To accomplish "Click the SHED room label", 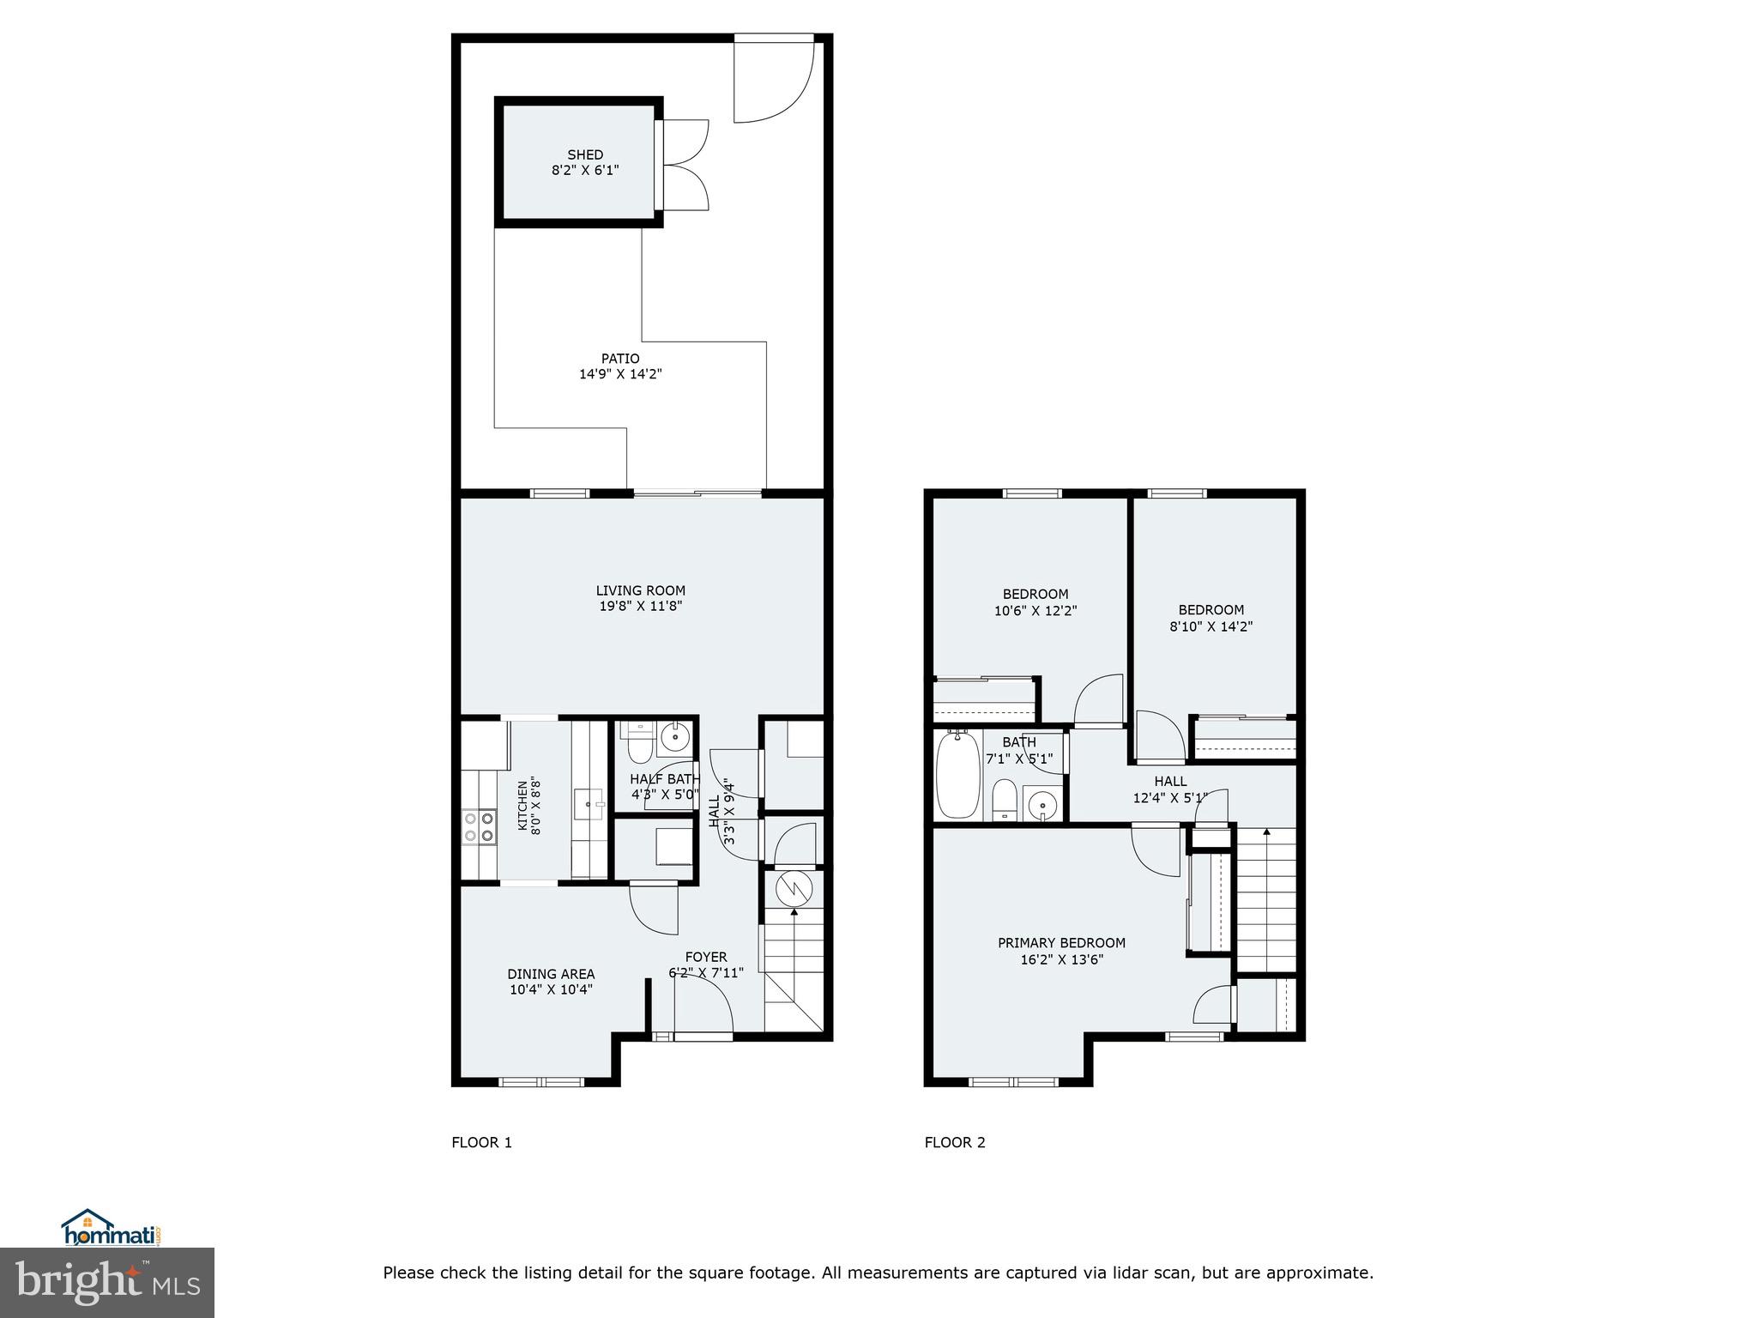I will pos(585,154).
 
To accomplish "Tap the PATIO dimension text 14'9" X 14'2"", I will pos(620,374).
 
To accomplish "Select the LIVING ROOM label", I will pos(641,590).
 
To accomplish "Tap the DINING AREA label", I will pos(551,974).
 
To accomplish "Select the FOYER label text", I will pos(706,957).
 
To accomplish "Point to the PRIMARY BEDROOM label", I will pos(1061,943).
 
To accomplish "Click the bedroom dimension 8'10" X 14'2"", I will pos(1211,626).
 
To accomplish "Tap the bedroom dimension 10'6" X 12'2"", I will pos(1035,611).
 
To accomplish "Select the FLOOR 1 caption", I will pos(481,1142).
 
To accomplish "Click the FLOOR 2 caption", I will pos(955,1142).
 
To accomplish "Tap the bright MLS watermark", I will pos(107,1283).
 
